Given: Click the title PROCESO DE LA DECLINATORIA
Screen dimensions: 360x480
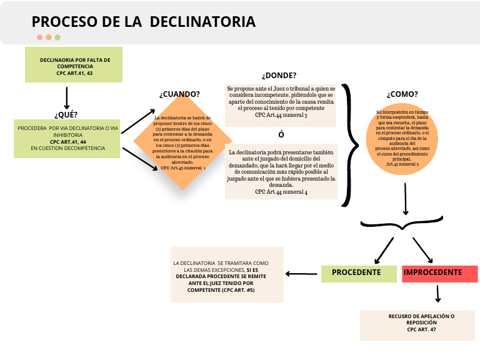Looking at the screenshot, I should click(143, 22).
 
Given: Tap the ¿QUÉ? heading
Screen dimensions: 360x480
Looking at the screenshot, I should click(66, 114).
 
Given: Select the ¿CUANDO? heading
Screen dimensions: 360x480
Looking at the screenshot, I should click(179, 94).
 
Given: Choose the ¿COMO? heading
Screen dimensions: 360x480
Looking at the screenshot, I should click(402, 94).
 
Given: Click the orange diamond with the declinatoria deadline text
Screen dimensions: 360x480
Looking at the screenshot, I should click(182, 142).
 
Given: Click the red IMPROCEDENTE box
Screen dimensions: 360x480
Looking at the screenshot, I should click(439, 273).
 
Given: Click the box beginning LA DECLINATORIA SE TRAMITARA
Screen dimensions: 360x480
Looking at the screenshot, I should click(227, 274).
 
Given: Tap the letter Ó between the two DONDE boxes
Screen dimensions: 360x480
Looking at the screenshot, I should click(281, 135).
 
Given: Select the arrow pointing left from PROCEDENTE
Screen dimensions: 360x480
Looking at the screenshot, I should click(302, 273).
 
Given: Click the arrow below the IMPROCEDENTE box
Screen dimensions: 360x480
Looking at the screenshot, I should click(438, 294).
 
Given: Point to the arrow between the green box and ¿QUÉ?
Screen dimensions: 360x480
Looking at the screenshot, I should click(66, 97).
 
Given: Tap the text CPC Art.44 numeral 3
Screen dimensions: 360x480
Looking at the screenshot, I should click(281, 115).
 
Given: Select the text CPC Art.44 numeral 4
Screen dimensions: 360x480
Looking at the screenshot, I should click(281, 192).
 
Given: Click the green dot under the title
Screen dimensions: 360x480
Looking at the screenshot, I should click(57, 37).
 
